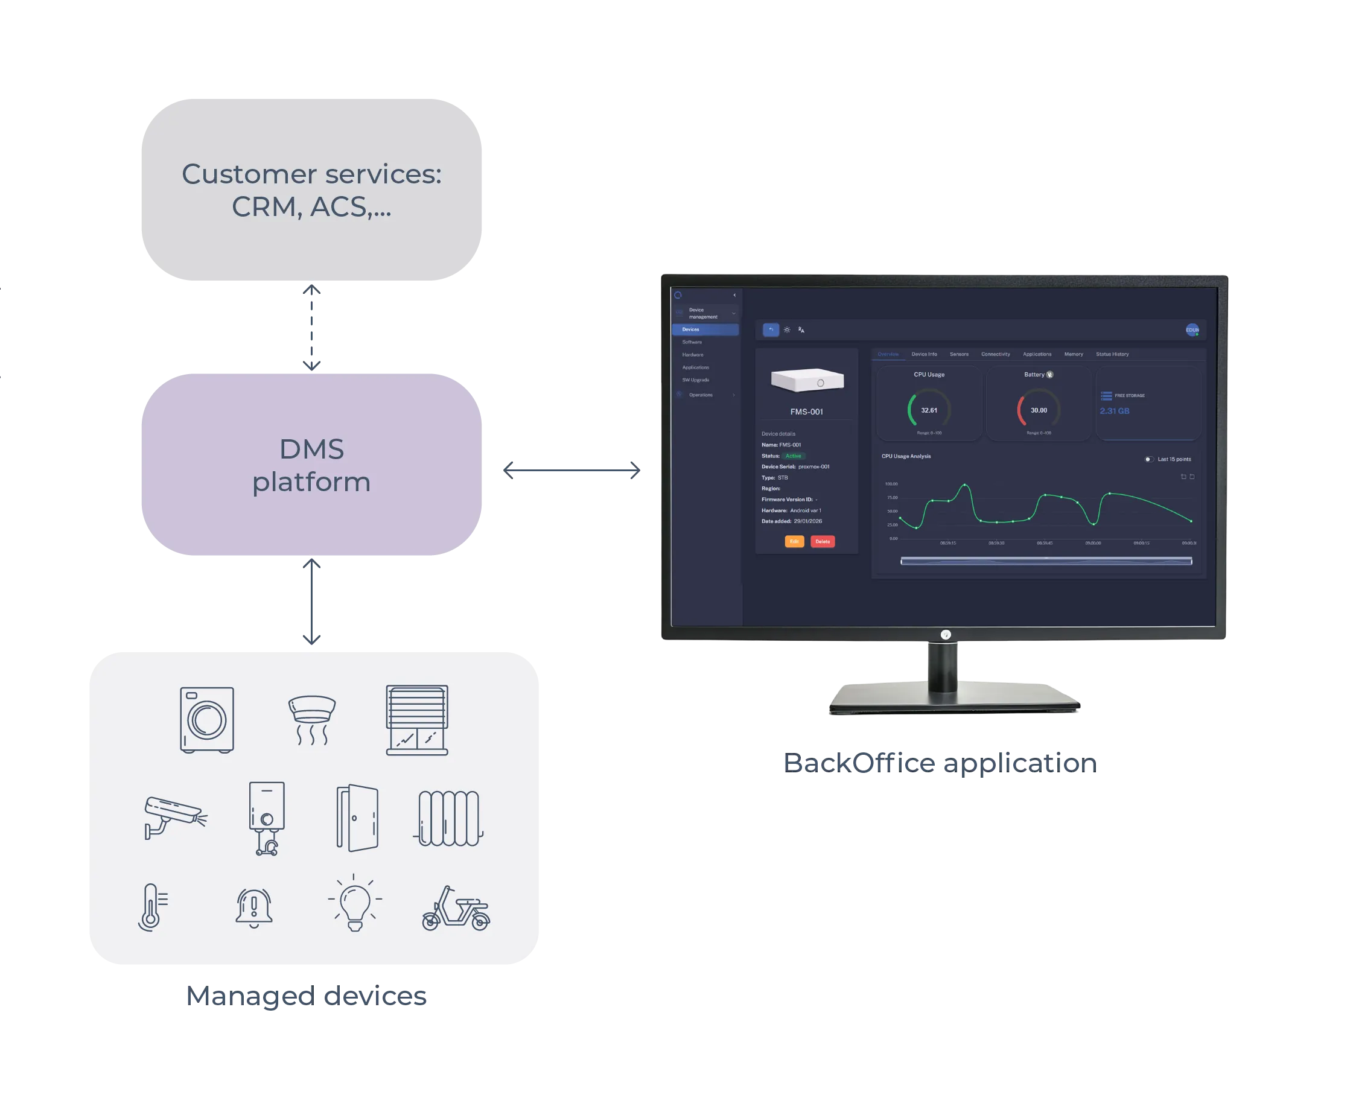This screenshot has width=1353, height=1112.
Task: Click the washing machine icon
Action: coord(207,719)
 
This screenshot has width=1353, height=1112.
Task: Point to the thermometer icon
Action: coord(152,907)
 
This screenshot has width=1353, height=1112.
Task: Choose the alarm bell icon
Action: coord(254,907)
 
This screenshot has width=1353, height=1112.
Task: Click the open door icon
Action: coord(357,818)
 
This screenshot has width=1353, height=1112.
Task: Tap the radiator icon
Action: coord(449,818)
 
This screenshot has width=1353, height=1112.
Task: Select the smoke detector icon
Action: coord(312,720)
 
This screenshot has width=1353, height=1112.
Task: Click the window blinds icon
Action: coord(417,720)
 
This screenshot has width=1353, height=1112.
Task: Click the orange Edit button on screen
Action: coord(794,541)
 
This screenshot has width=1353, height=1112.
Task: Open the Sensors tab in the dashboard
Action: coord(959,354)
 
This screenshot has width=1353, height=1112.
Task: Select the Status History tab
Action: coord(1112,354)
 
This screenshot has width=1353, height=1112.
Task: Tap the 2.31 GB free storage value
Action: coord(1115,411)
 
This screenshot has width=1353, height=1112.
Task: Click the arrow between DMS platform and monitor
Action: coord(571,471)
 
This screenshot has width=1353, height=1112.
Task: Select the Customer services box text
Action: coord(311,190)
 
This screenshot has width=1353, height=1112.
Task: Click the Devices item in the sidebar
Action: coord(690,330)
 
